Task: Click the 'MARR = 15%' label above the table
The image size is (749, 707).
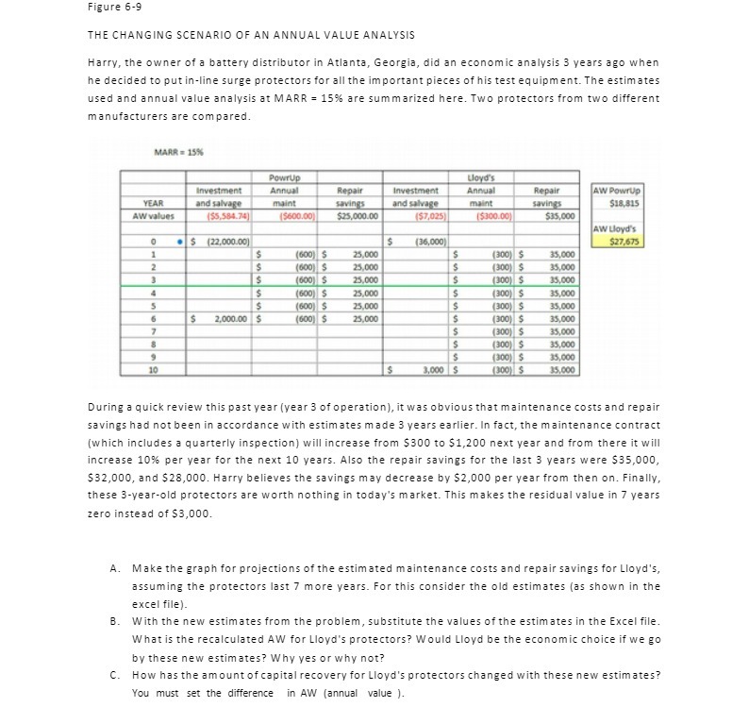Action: (177, 155)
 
